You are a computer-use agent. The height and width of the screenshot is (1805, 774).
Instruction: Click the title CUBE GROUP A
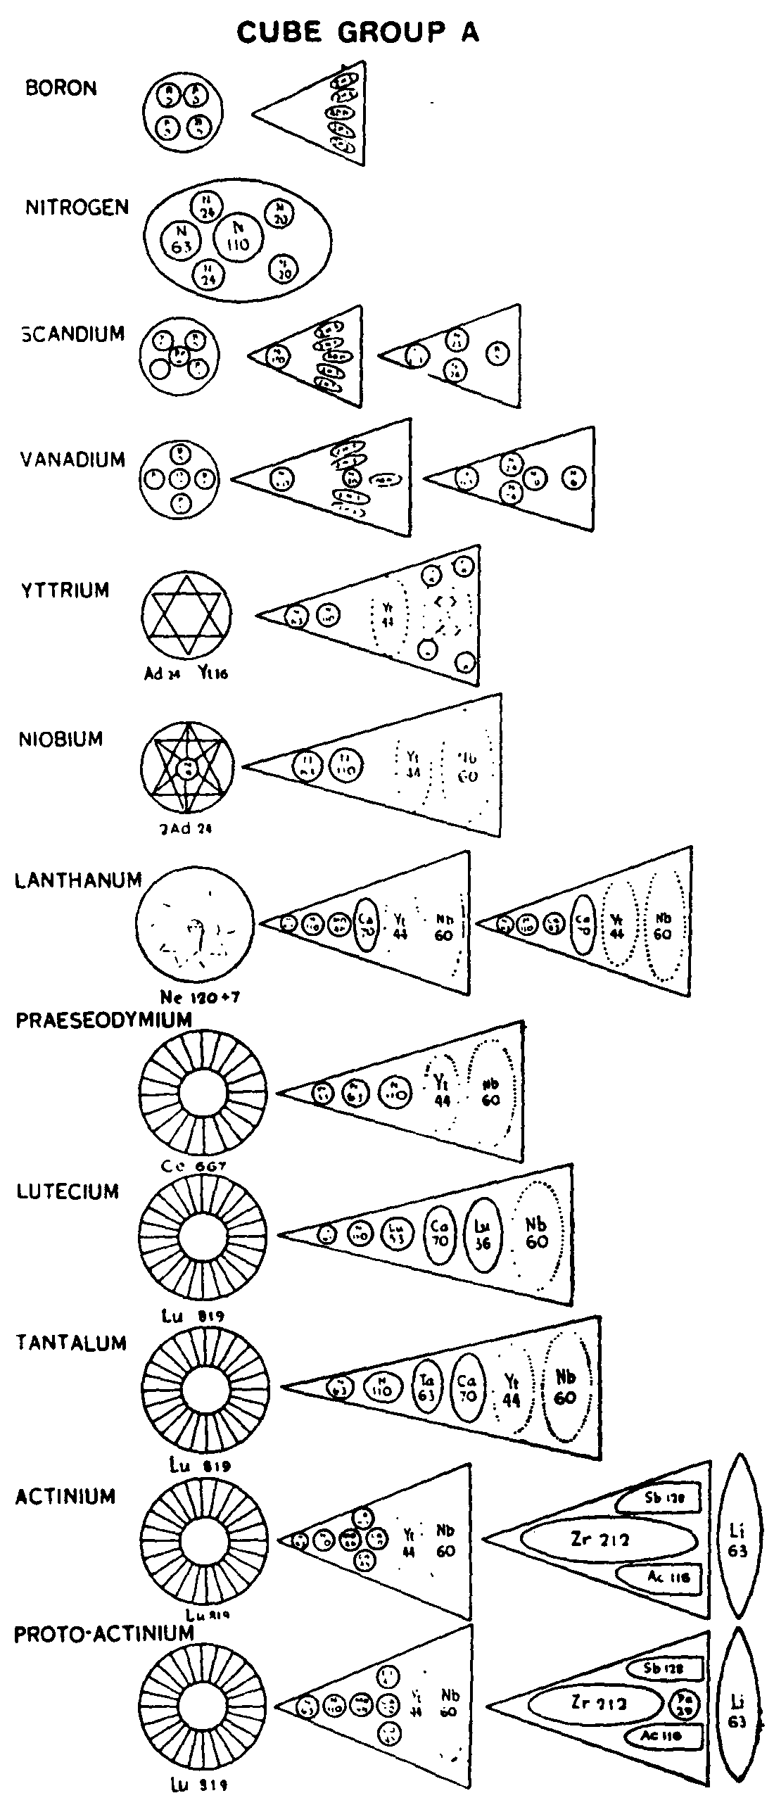(357, 32)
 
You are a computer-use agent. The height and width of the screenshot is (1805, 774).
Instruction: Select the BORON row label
(61, 89)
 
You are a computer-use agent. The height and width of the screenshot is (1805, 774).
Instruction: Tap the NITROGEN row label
(77, 208)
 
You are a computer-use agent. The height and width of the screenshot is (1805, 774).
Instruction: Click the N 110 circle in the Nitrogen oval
(238, 239)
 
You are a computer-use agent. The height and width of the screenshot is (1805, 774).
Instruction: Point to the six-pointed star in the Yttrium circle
(186, 614)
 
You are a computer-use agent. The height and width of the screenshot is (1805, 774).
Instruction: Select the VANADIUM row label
(72, 460)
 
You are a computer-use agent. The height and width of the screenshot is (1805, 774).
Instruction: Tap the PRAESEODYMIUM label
(103, 1020)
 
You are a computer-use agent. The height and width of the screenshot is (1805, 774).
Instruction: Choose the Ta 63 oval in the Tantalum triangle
(426, 1387)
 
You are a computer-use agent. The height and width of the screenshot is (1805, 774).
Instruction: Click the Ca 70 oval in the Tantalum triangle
(467, 1388)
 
